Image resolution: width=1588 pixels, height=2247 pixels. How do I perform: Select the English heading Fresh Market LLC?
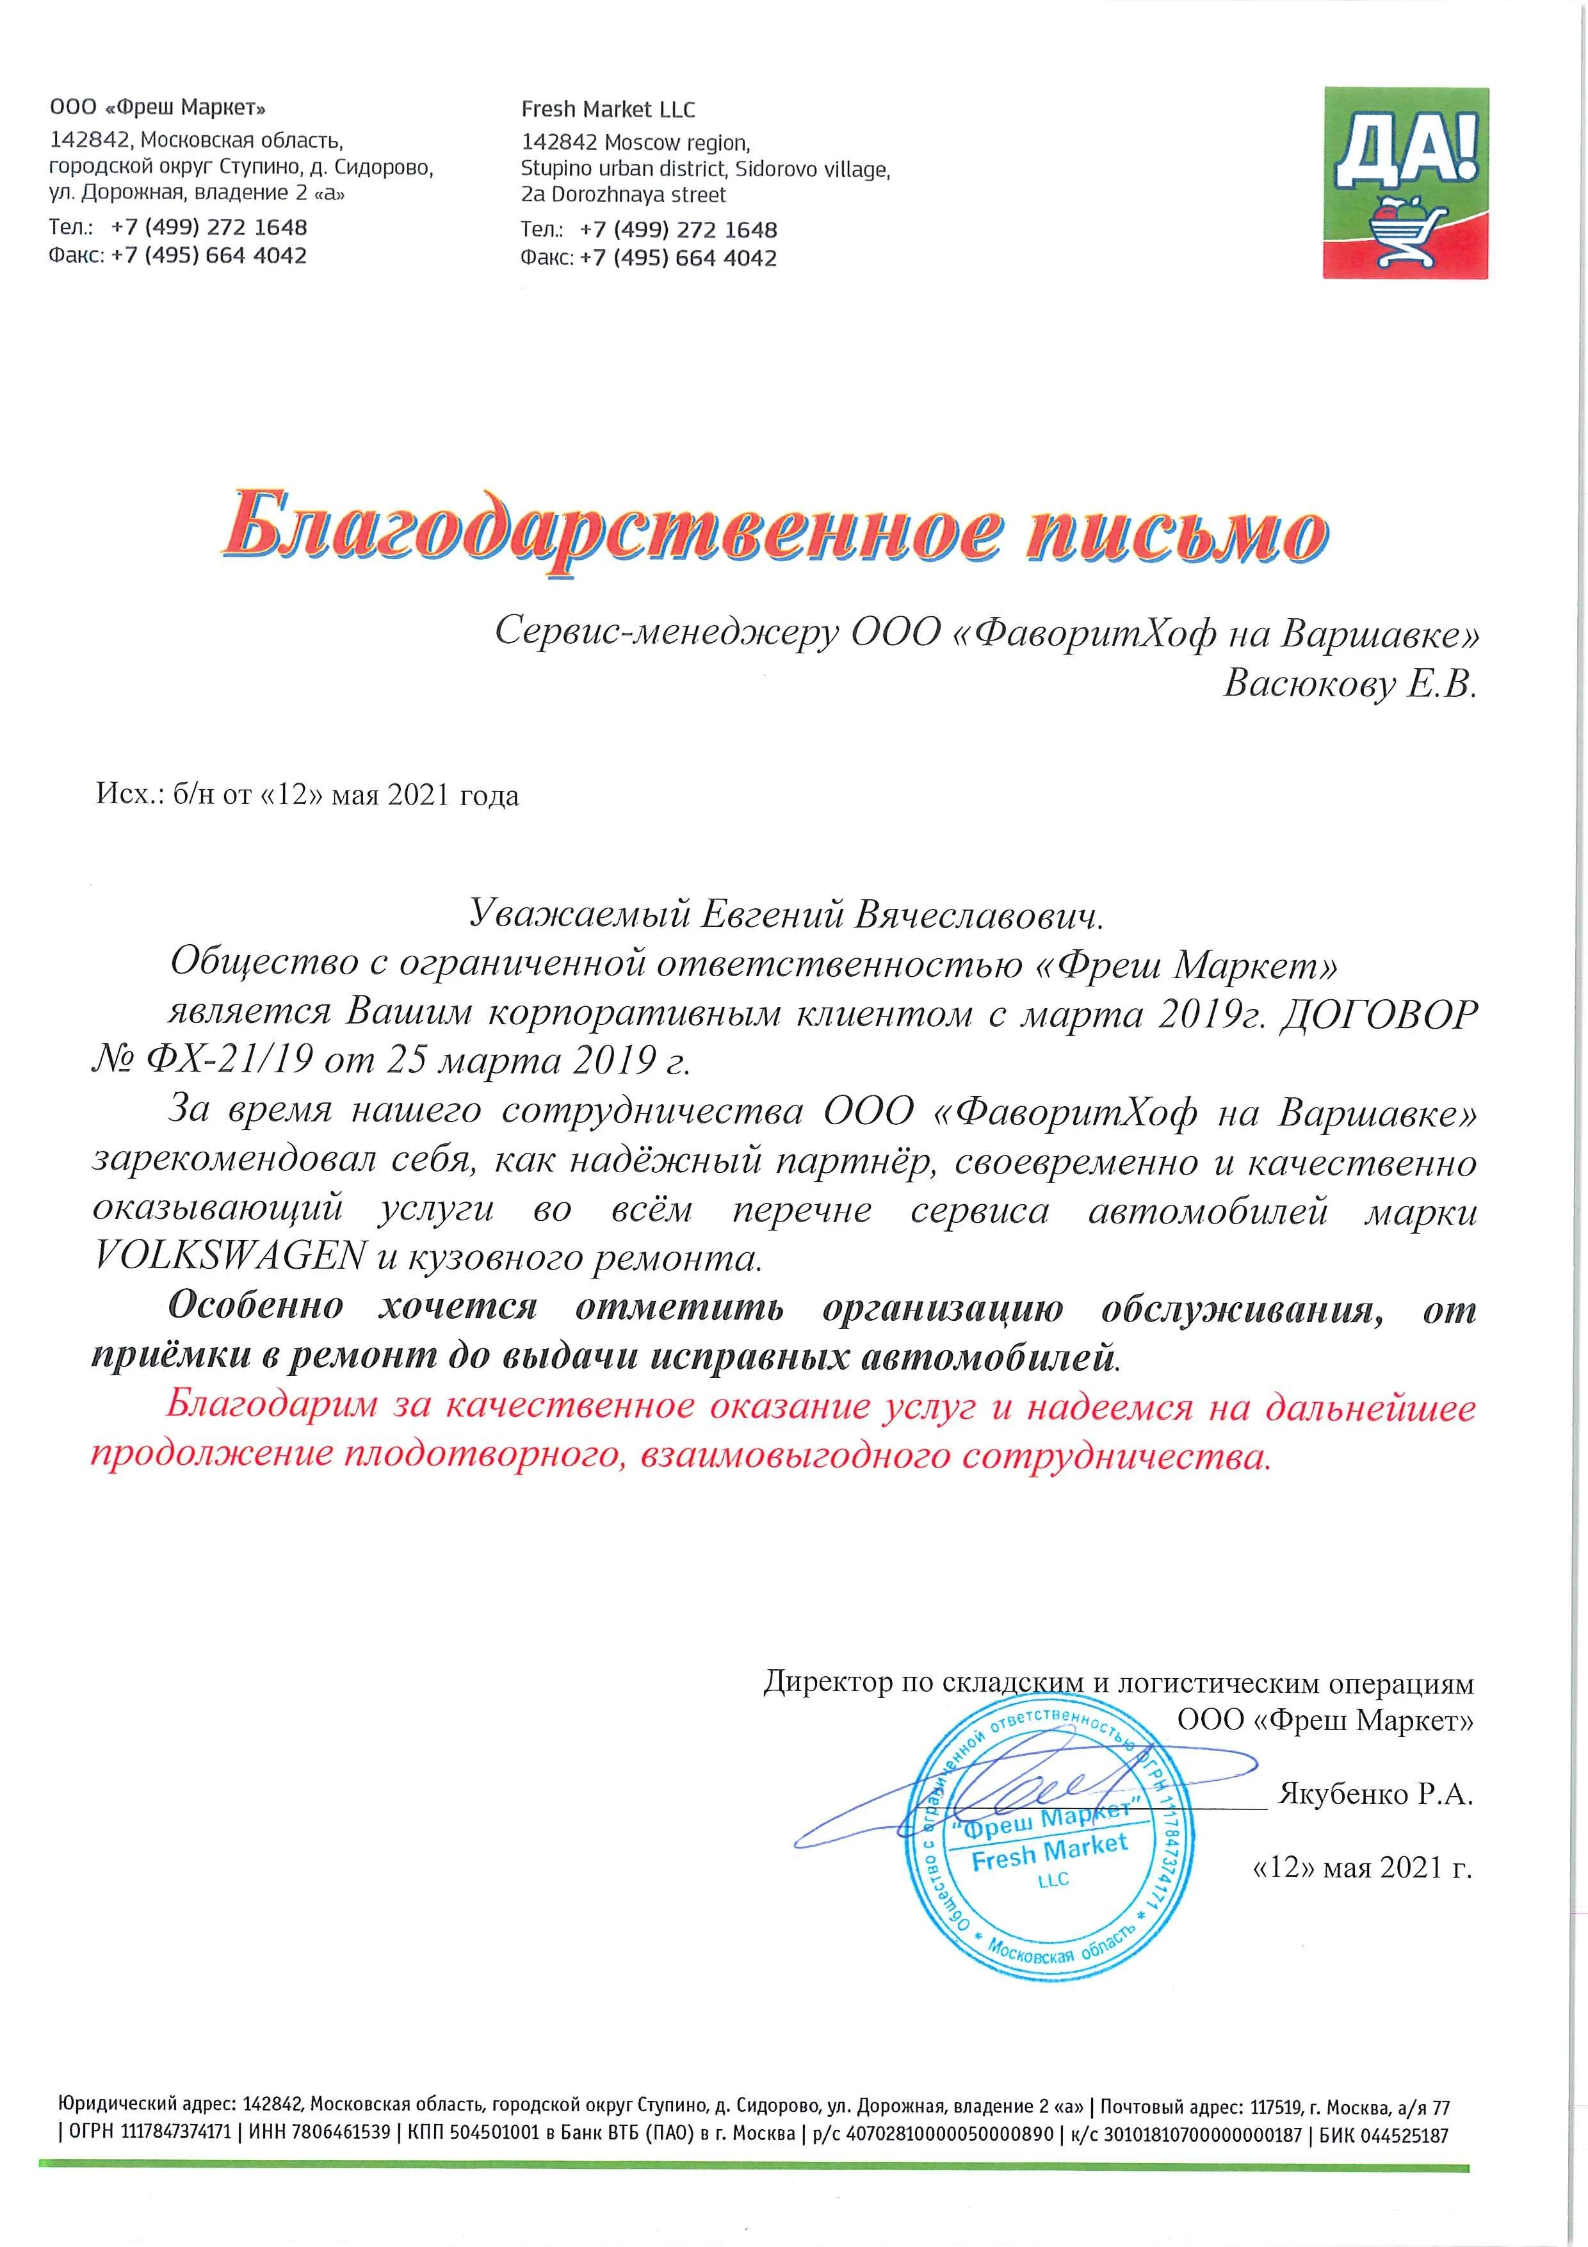click(608, 110)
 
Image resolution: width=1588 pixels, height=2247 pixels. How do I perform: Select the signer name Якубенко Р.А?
click(1375, 1794)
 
